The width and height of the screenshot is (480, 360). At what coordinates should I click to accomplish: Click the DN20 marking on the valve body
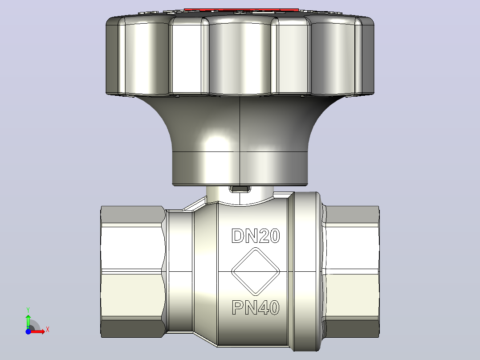256,236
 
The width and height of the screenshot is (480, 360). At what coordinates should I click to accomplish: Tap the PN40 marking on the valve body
256,307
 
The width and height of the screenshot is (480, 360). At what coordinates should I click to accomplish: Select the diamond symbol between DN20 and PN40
256,271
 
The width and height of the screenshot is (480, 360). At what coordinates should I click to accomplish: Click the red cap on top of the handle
241,10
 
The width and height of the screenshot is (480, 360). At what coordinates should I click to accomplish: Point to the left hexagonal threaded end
133,272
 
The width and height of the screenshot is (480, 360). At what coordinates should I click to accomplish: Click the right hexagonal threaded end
351,272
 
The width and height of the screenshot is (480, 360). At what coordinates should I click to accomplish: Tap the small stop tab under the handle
240,189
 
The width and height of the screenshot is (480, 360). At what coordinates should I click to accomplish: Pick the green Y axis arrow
28,321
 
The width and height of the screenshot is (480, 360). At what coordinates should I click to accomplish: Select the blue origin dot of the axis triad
28,331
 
